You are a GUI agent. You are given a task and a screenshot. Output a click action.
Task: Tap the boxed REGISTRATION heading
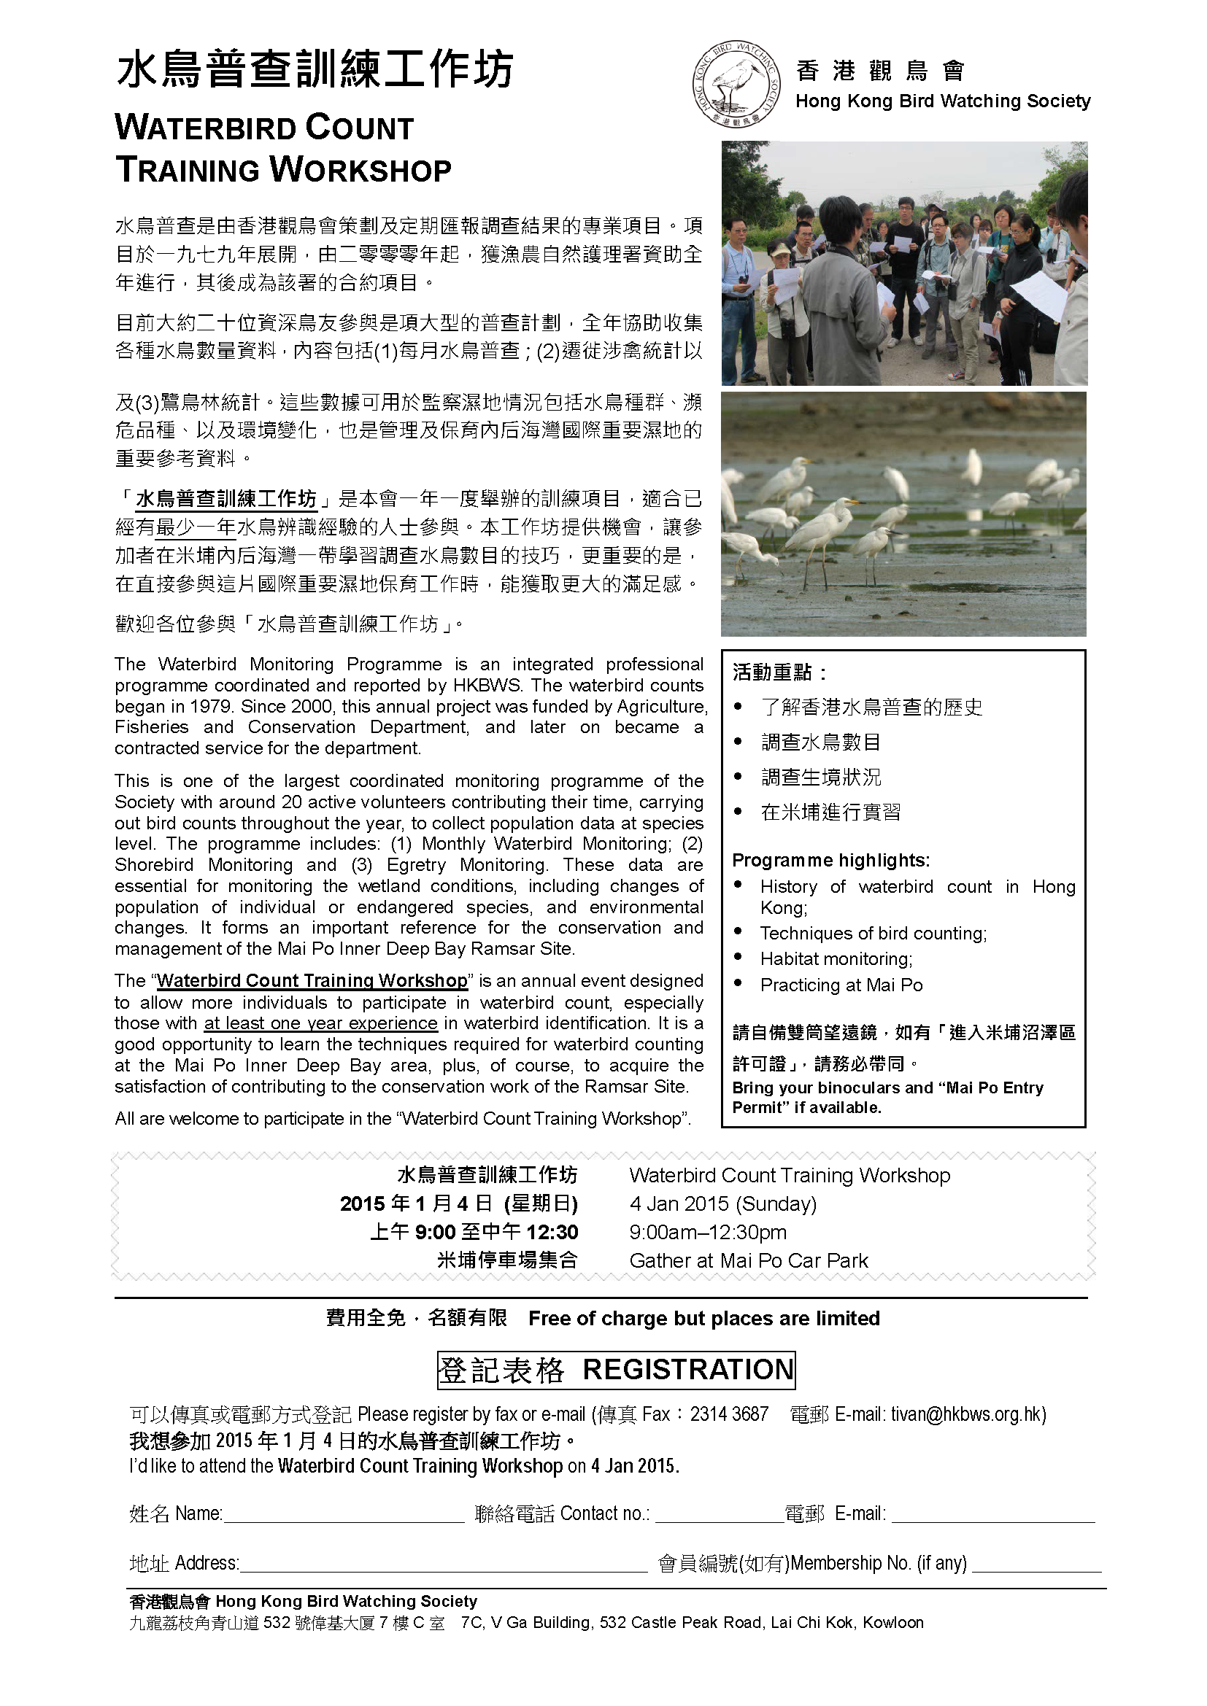[x=688, y=1370]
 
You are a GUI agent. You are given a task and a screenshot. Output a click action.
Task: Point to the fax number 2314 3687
[x=729, y=1414]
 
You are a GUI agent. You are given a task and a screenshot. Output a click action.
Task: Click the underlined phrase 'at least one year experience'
[x=320, y=1023]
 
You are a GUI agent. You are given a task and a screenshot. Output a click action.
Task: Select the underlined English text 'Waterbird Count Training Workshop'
[x=312, y=981]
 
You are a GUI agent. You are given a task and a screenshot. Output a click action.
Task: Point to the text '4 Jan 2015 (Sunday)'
[x=722, y=1203]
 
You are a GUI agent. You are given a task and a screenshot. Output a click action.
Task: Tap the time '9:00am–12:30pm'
[x=708, y=1232]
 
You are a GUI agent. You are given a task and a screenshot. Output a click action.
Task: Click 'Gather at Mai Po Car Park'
[x=749, y=1261]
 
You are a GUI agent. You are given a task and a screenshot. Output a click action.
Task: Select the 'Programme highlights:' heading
[x=831, y=861]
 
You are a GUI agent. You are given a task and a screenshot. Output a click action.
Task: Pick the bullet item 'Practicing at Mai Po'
[x=841, y=985]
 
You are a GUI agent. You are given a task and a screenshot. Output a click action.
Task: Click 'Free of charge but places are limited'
[x=703, y=1319]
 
